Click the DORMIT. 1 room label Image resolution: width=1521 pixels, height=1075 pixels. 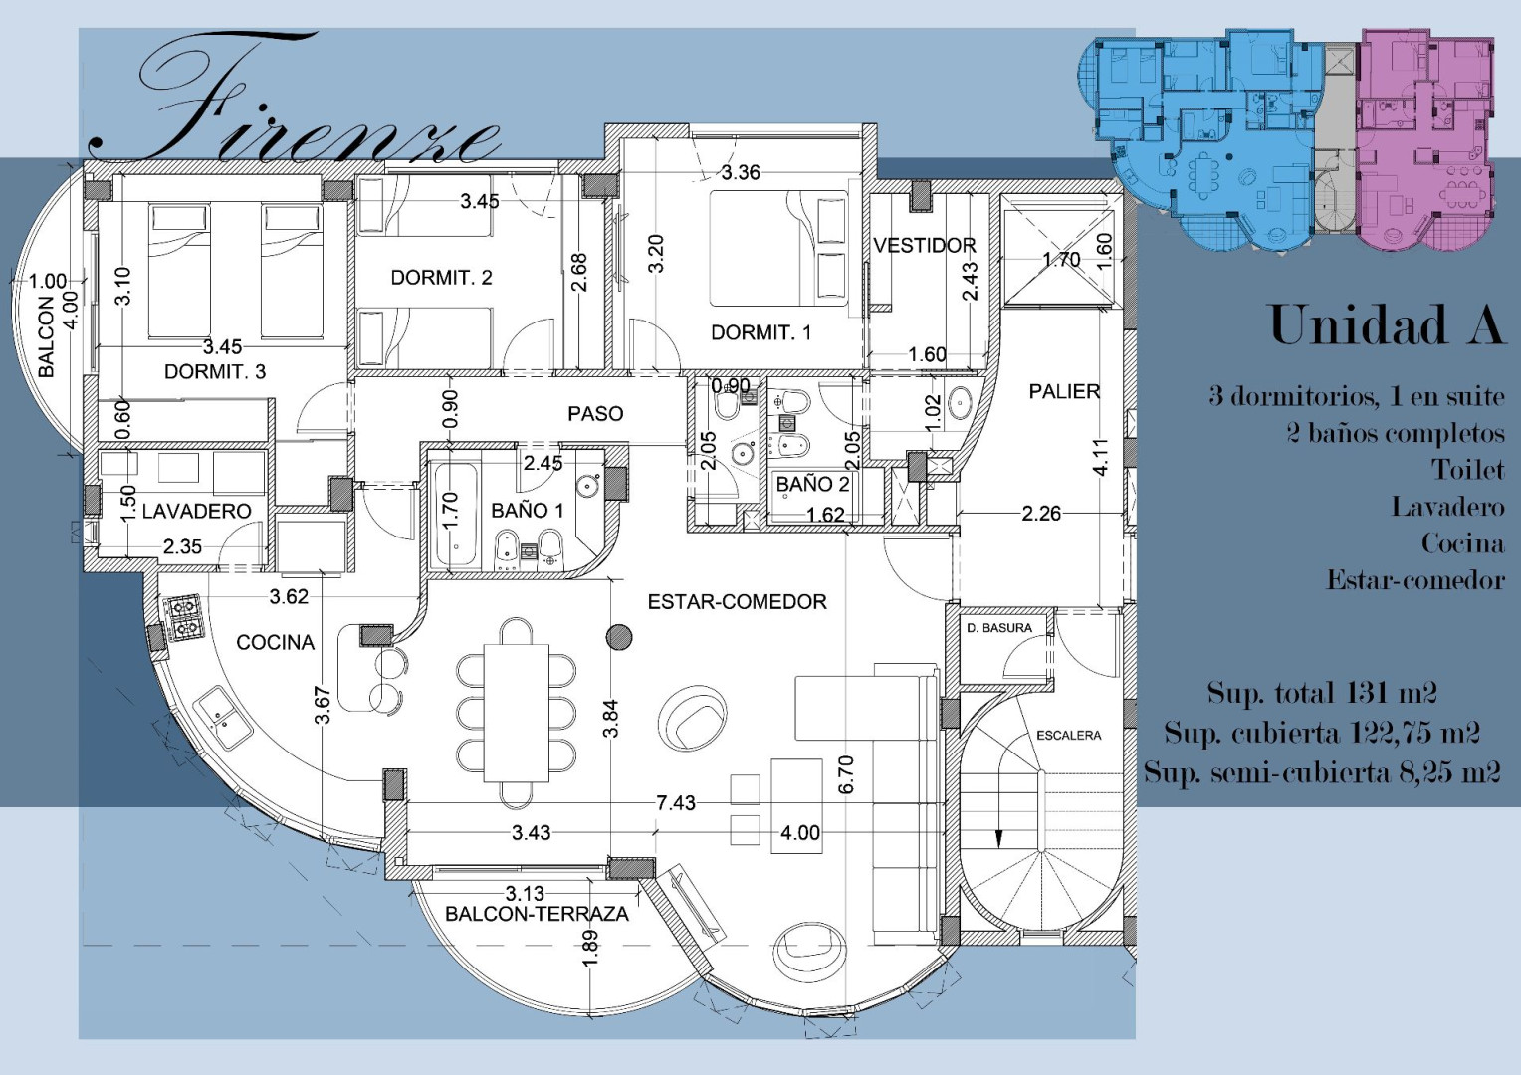click(760, 332)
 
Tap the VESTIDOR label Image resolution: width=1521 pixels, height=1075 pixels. click(924, 245)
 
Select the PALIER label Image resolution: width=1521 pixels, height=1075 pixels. click(1064, 391)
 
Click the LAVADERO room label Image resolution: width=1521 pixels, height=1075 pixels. click(197, 511)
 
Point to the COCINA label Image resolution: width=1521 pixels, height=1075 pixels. click(275, 642)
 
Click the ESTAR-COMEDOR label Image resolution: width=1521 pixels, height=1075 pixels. click(738, 601)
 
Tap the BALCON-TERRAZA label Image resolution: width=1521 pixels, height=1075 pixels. click(538, 914)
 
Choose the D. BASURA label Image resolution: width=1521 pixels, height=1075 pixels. click(998, 628)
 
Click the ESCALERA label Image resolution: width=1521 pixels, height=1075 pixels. click(1069, 735)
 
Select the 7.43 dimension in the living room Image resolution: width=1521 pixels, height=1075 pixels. click(676, 803)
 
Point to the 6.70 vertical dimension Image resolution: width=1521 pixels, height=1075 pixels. click(846, 774)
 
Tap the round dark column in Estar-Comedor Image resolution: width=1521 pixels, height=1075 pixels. click(618, 637)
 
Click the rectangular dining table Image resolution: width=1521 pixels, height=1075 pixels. click(516, 713)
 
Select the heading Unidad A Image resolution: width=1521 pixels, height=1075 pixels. click(1386, 325)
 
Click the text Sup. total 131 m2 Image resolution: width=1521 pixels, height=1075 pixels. click(1321, 694)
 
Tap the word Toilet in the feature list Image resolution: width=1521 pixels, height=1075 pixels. click(1467, 470)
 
